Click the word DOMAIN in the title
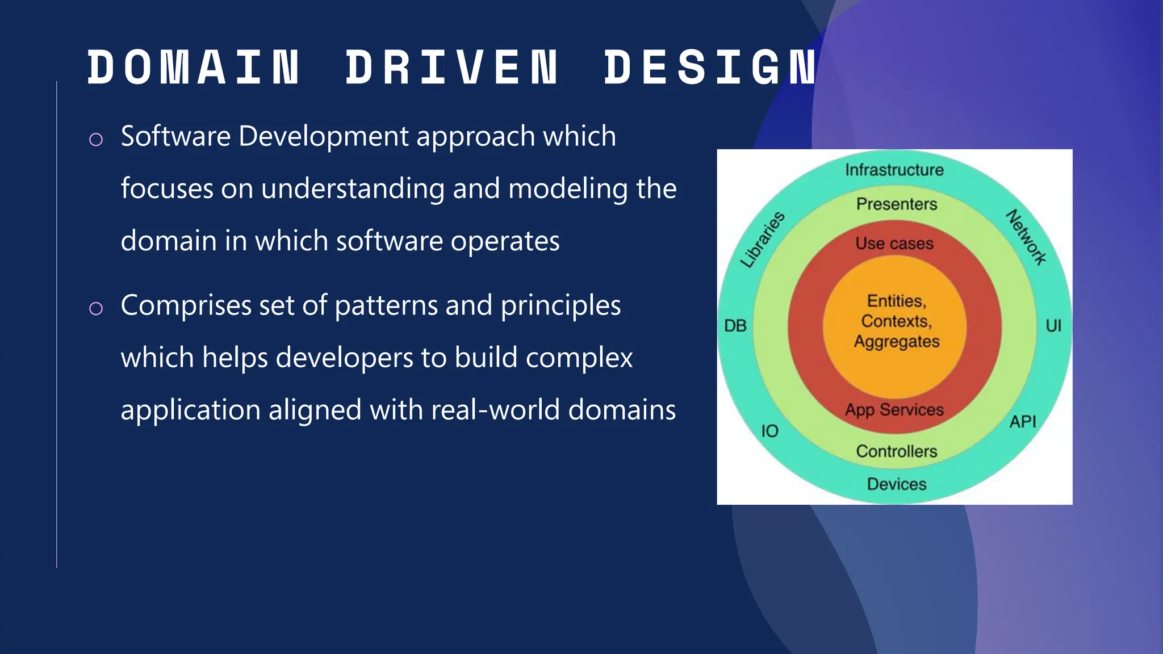[x=193, y=68]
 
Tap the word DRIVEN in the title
[x=452, y=68]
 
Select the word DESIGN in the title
[x=710, y=68]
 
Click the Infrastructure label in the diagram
[x=894, y=170]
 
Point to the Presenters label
[x=897, y=204]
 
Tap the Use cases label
[x=894, y=244]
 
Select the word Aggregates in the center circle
[x=897, y=342]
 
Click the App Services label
[x=894, y=410]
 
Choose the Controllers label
[x=897, y=451]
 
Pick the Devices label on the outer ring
[x=897, y=484]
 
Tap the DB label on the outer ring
[x=735, y=326]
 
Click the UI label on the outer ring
[x=1053, y=326]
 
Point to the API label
[x=1023, y=422]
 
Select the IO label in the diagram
[x=769, y=431]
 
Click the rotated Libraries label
[x=763, y=240]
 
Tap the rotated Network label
[x=1026, y=237]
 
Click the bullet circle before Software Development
[x=96, y=139]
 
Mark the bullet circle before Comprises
[x=96, y=308]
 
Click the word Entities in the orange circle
[x=897, y=301]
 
